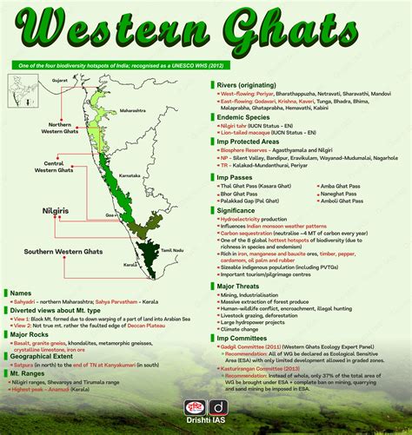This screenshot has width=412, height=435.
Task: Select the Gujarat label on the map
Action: pyautogui.click(x=59, y=79)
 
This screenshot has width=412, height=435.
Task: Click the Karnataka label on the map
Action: pyautogui.click(x=130, y=175)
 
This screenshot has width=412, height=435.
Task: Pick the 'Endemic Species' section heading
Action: pyautogui.click(x=246, y=117)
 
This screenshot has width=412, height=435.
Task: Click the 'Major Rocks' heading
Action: pyautogui.click(x=37, y=333)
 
